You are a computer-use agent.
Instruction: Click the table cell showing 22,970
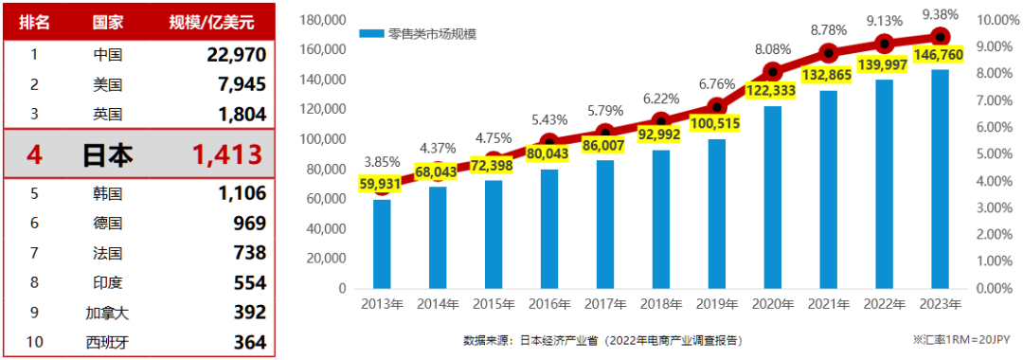pos(236,55)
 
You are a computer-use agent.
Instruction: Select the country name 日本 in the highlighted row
pos(107,153)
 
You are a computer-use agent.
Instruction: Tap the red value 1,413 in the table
pos(225,153)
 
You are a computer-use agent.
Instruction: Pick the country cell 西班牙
pos(107,342)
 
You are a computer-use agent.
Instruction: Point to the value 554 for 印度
pos(249,282)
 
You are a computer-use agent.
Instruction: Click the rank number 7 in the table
pos(33,252)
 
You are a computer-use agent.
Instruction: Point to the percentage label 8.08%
pos(772,49)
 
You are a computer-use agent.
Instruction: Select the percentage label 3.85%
pos(381,162)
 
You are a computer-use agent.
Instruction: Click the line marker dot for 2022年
pos(885,44)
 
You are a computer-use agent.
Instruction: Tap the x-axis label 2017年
pos(605,304)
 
